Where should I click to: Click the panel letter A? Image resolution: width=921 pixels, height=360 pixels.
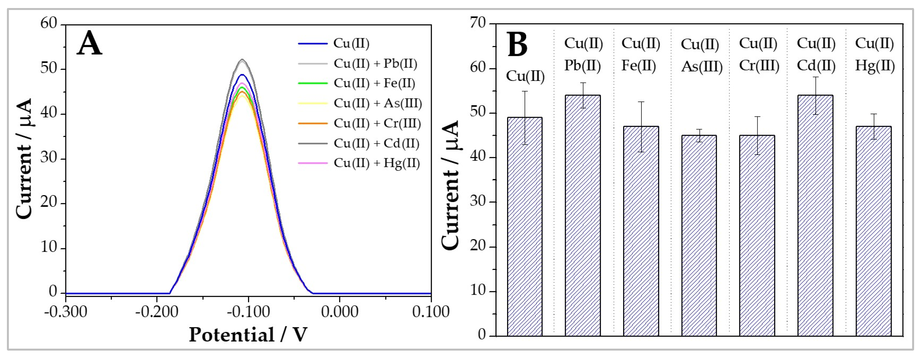89,44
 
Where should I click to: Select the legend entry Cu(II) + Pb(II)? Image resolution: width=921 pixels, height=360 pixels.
375,64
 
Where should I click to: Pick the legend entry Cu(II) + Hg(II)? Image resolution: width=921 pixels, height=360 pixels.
377,164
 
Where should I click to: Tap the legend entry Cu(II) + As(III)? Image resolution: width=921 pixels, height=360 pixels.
378,103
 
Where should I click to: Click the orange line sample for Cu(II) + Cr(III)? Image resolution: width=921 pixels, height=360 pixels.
313,124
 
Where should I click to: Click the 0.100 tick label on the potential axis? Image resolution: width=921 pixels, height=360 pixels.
431,312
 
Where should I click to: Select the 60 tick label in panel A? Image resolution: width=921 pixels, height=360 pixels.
48,24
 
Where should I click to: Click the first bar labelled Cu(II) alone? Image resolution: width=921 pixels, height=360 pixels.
525,229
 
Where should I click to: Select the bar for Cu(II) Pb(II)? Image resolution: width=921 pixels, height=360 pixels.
583,218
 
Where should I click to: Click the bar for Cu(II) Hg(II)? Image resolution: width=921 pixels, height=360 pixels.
873,232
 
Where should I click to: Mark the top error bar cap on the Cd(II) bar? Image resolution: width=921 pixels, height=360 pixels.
815,77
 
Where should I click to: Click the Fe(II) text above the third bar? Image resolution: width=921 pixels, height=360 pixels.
639,66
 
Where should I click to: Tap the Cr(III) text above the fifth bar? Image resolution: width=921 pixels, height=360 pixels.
759,66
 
